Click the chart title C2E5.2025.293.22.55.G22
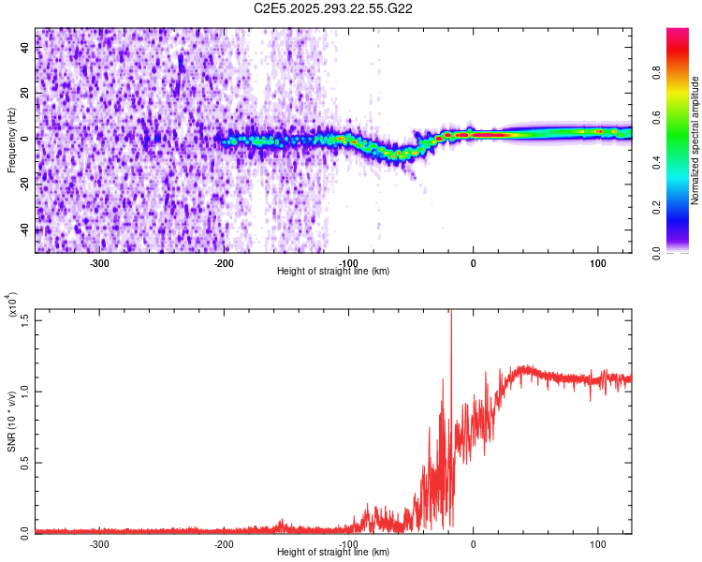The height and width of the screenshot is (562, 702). [x=333, y=8]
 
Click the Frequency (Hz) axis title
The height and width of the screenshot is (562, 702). [x=11, y=140]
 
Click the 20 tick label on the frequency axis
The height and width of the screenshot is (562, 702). [x=24, y=94]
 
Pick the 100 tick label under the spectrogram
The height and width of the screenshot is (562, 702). [x=597, y=262]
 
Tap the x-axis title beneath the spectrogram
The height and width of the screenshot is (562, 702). [x=333, y=272]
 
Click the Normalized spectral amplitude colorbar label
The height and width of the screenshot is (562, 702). [x=695, y=140]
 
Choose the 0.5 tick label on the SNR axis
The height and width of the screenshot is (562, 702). [x=24, y=461]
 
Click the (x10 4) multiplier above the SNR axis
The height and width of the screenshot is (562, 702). [x=11, y=305]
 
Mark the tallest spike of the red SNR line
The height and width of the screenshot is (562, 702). [x=451, y=311]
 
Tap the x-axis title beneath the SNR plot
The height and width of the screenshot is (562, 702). [x=333, y=553]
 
